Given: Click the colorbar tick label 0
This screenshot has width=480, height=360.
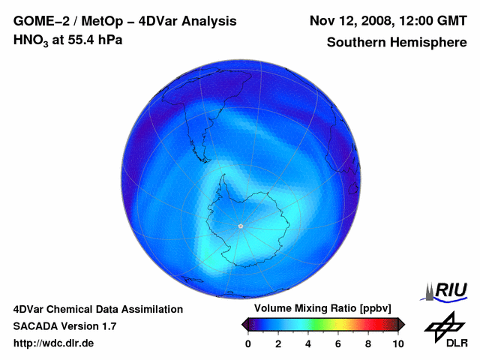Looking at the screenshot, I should point(248,343).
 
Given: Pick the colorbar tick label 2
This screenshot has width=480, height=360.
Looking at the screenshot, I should point(278,343).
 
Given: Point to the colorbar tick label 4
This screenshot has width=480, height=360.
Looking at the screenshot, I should point(308,343).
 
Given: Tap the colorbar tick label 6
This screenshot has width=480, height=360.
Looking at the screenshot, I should point(338,343).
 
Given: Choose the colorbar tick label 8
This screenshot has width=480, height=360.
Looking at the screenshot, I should point(368,343).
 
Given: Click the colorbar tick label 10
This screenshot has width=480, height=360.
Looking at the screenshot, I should point(398,343).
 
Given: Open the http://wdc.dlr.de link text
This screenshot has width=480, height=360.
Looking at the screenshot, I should point(54,343).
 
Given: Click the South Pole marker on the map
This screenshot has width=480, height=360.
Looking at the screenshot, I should point(240,226).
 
